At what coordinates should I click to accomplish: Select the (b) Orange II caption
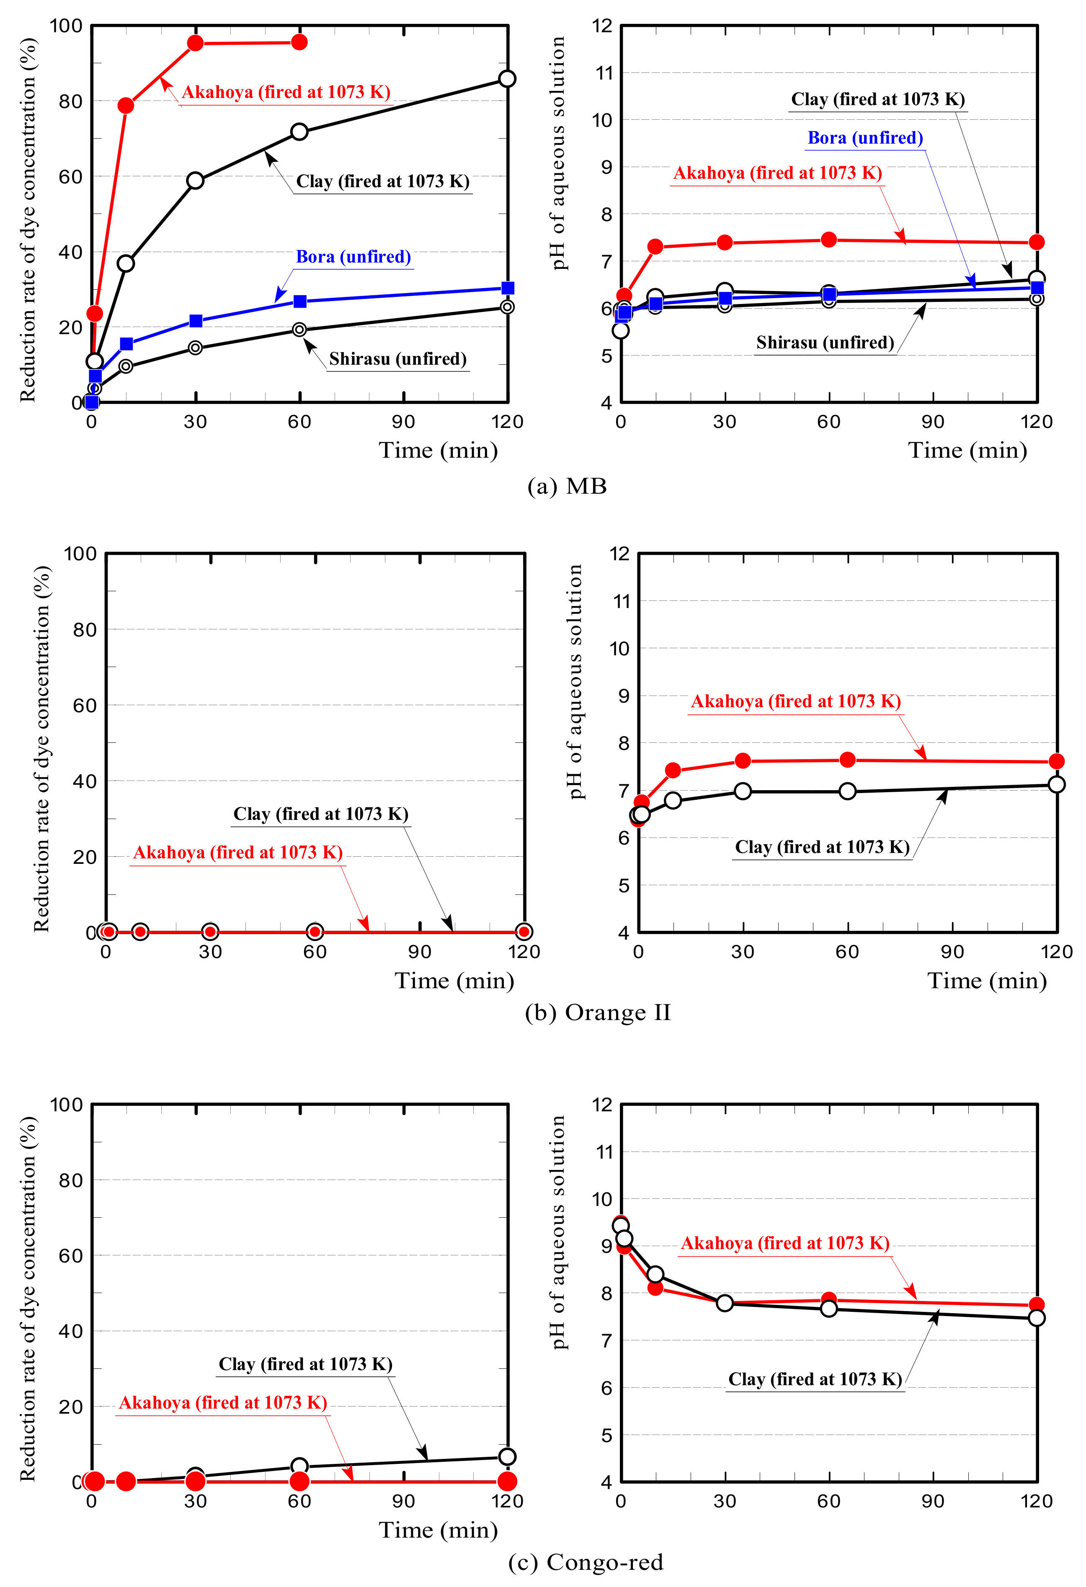click(598, 1012)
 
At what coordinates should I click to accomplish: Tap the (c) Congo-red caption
click(586, 1562)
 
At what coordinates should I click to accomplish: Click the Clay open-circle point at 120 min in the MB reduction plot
click(507, 79)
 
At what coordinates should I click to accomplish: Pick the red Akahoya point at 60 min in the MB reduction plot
click(299, 42)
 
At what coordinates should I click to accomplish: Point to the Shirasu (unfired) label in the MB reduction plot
click(397, 359)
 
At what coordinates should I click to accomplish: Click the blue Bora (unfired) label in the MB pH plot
click(865, 138)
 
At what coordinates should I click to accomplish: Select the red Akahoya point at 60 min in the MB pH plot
click(828, 240)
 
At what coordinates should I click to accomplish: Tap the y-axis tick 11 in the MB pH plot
click(604, 73)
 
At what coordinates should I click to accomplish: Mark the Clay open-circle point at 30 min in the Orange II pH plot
click(743, 791)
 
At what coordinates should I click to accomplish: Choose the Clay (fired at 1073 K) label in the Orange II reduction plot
click(320, 814)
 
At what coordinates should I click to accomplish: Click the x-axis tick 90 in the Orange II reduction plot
click(419, 952)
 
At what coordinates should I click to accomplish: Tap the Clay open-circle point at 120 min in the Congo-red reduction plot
click(507, 1457)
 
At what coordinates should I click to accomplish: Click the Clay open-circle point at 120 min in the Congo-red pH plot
click(1036, 1318)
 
